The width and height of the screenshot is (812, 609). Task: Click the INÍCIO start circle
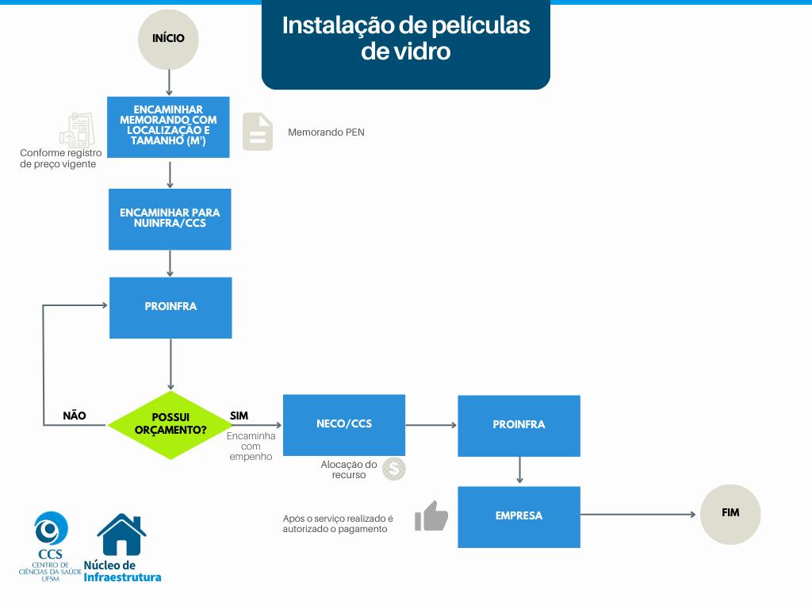[x=168, y=38]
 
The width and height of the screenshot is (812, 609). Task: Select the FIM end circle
[x=730, y=514]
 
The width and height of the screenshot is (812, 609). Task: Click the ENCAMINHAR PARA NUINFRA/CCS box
[x=170, y=219]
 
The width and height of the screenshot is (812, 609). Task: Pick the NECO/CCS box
[x=344, y=424]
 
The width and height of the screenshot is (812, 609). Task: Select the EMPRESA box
[x=519, y=516]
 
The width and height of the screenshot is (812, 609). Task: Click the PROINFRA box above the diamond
[x=170, y=307]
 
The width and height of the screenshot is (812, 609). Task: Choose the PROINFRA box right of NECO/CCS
[x=519, y=425]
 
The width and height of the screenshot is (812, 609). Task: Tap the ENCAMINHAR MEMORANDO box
[x=168, y=127]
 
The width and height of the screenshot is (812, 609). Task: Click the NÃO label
[x=75, y=416]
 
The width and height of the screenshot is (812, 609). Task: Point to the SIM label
[x=239, y=416]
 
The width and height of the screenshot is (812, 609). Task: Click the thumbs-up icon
[x=431, y=516]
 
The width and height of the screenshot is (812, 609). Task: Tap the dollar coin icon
[x=394, y=469]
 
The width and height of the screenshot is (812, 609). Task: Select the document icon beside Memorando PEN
[x=257, y=132]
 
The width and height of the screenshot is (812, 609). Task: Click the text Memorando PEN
[x=326, y=132]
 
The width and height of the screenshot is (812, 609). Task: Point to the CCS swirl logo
[x=51, y=529]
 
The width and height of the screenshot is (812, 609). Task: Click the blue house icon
[x=121, y=535]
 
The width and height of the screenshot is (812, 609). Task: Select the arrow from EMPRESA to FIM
[x=638, y=515]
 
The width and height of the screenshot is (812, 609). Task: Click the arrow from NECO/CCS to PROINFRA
[x=431, y=425]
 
